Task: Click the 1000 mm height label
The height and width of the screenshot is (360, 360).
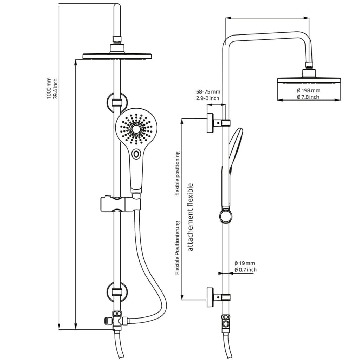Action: point(49,88)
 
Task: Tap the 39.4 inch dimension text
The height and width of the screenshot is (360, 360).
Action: point(55,88)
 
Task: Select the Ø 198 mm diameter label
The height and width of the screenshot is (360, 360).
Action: point(308,90)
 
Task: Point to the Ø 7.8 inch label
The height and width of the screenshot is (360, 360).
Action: point(308,97)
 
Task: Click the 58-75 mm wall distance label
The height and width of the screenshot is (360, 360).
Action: point(208,92)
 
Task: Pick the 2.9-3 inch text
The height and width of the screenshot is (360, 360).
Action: point(208,98)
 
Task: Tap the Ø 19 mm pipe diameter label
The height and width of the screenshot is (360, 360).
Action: point(245,263)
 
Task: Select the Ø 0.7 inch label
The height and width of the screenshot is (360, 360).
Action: point(245,270)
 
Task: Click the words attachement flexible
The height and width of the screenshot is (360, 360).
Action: point(191,217)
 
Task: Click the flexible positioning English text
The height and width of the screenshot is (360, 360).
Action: point(178,173)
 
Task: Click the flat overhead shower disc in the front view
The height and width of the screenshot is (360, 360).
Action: point(117,56)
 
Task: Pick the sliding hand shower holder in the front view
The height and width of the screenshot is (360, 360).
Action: point(120,204)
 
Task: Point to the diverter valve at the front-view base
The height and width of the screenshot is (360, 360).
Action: point(117,320)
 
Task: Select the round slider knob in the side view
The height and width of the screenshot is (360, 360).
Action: point(225,216)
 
